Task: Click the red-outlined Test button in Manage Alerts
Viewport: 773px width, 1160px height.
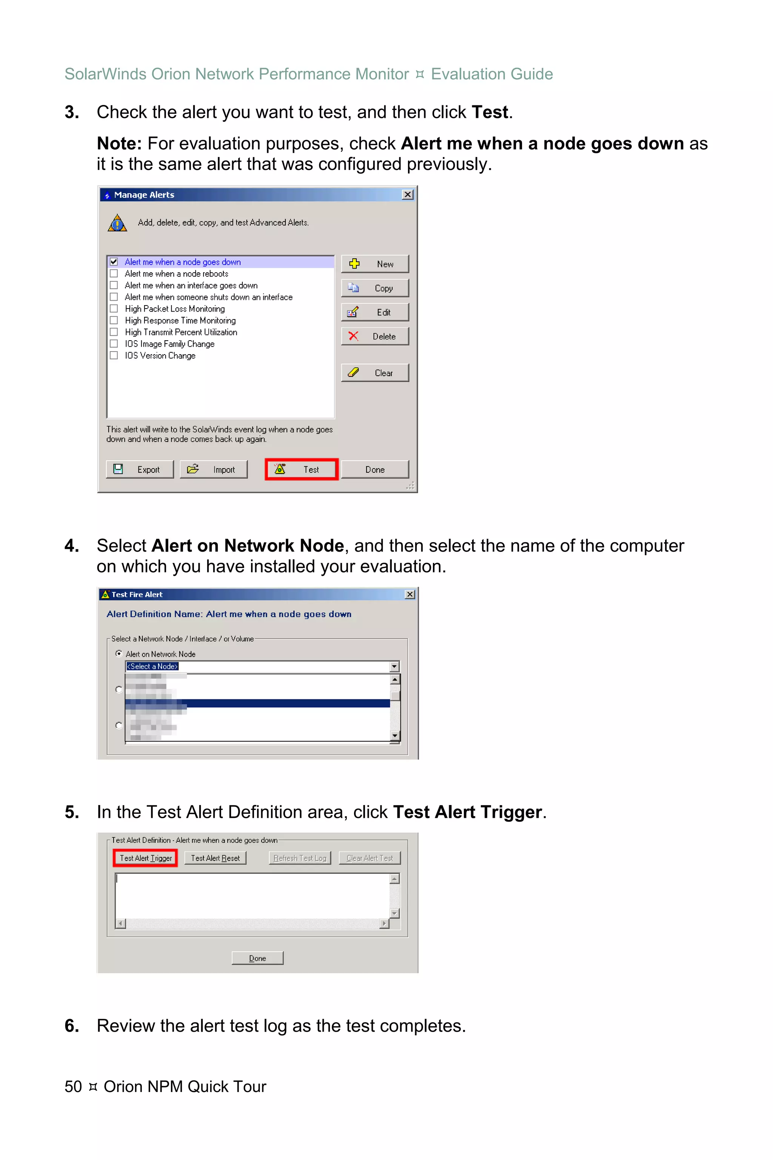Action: tap(301, 469)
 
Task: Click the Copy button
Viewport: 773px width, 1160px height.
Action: tap(375, 288)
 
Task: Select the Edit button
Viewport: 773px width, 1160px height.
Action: tap(375, 312)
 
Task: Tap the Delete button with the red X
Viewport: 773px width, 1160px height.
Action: tap(375, 336)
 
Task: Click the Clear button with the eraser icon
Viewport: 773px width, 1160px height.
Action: tap(375, 373)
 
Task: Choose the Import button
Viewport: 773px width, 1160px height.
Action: tap(214, 469)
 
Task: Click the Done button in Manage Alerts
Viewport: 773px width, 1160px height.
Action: tap(375, 469)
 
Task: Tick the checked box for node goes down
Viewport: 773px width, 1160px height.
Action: tap(114, 262)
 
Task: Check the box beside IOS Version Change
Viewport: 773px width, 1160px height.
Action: tap(114, 356)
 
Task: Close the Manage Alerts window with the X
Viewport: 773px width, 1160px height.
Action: tap(408, 194)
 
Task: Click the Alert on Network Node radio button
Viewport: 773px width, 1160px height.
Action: tap(119, 654)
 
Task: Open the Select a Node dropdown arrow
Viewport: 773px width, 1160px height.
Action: tap(394, 666)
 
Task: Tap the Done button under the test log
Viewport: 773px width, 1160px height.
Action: tap(257, 958)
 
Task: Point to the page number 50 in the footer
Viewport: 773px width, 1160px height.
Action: tap(73, 1086)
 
